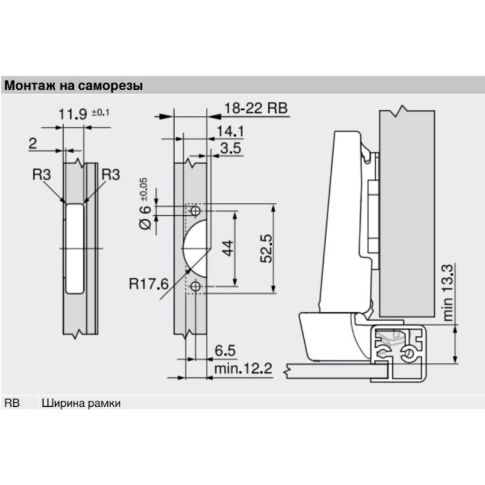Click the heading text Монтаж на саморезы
click(x=73, y=85)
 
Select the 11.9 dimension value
click(x=73, y=114)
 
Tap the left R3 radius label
click(x=41, y=175)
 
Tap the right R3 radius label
click(x=111, y=175)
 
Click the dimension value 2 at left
click(x=33, y=144)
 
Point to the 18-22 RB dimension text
click(x=256, y=109)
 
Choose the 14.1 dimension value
click(x=230, y=132)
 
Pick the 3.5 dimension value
click(x=230, y=148)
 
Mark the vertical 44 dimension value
click(x=229, y=248)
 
